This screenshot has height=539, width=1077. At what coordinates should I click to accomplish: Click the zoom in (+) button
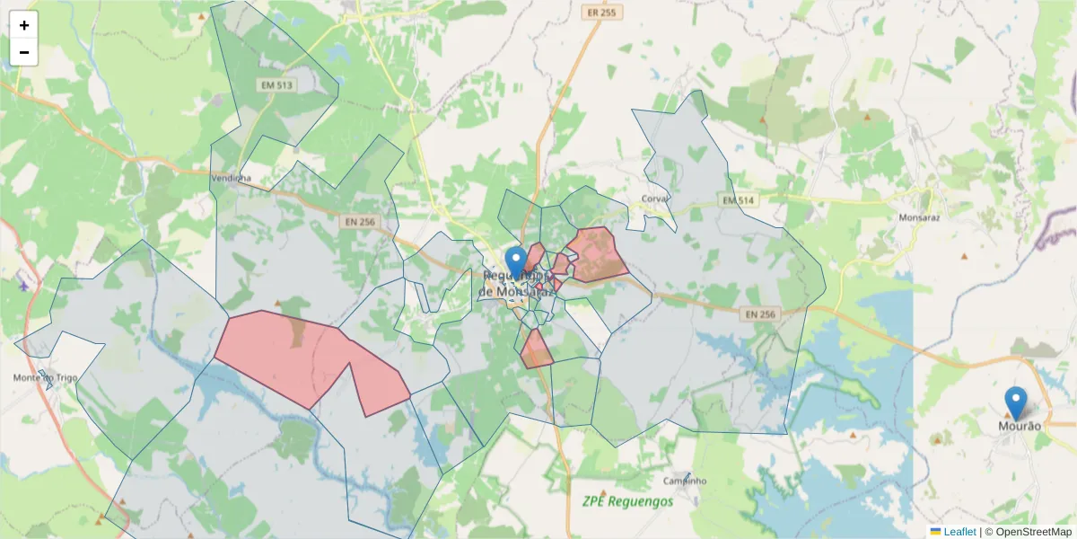click(x=24, y=25)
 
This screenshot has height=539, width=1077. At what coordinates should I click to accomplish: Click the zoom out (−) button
click(x=24, y=52)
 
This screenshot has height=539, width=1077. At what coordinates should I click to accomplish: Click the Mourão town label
click(x=1020, y=426)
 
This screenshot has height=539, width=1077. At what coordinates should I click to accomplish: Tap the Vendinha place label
click(x=231, y=179)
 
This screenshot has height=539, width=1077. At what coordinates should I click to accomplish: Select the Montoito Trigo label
click(x=45, y=378)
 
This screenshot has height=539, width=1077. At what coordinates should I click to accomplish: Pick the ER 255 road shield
click(x=600, y=13)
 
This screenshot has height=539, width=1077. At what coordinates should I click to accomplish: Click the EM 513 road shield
click(x=276, y=84)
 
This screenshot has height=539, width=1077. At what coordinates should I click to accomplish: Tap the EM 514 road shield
click(x=735, y=199)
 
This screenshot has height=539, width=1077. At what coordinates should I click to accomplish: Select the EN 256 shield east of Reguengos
click(x=760, y=314)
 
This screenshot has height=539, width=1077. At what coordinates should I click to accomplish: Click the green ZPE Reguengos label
click(x=626, y=500)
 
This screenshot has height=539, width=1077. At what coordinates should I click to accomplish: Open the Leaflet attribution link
click(x=959, y=532)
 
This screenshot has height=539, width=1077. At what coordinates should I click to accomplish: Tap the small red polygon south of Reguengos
click(x=536, y=351)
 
